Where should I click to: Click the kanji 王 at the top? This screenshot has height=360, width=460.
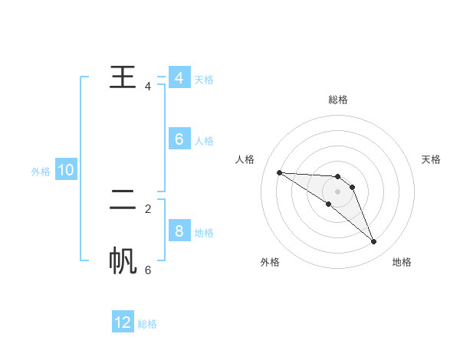tap(123, 77)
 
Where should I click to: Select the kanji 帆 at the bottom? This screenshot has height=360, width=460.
tap(123, 260)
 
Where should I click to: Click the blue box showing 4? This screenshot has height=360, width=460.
tap(179, 78)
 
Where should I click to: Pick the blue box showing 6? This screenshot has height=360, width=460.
tap(179, 139)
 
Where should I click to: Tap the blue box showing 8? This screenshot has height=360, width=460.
tap(179, 231)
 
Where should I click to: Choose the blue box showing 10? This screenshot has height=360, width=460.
tap(66, 170)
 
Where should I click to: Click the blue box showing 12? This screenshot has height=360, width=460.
tap(123, 322)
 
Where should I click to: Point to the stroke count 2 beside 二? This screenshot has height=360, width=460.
tap(148, 208)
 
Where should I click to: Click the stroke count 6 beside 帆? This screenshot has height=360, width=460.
tap(148, 270)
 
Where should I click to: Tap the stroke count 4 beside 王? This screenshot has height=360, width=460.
tap(148, 87)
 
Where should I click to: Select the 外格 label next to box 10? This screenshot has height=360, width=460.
tap(41, 172)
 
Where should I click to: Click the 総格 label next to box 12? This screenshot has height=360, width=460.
tap(147, 324)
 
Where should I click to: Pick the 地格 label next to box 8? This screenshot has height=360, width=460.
tap(204, 233)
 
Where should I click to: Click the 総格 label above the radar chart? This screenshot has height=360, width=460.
tap(338, 100)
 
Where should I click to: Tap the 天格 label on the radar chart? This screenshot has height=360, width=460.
tap(432, 159)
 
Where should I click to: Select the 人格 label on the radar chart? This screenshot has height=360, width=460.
tap(245, 159)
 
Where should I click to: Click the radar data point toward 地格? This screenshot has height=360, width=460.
tap(374, 242)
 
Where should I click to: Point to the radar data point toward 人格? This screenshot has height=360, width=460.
tap(279, 172)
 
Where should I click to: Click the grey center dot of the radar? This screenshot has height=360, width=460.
tap(338, 191)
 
